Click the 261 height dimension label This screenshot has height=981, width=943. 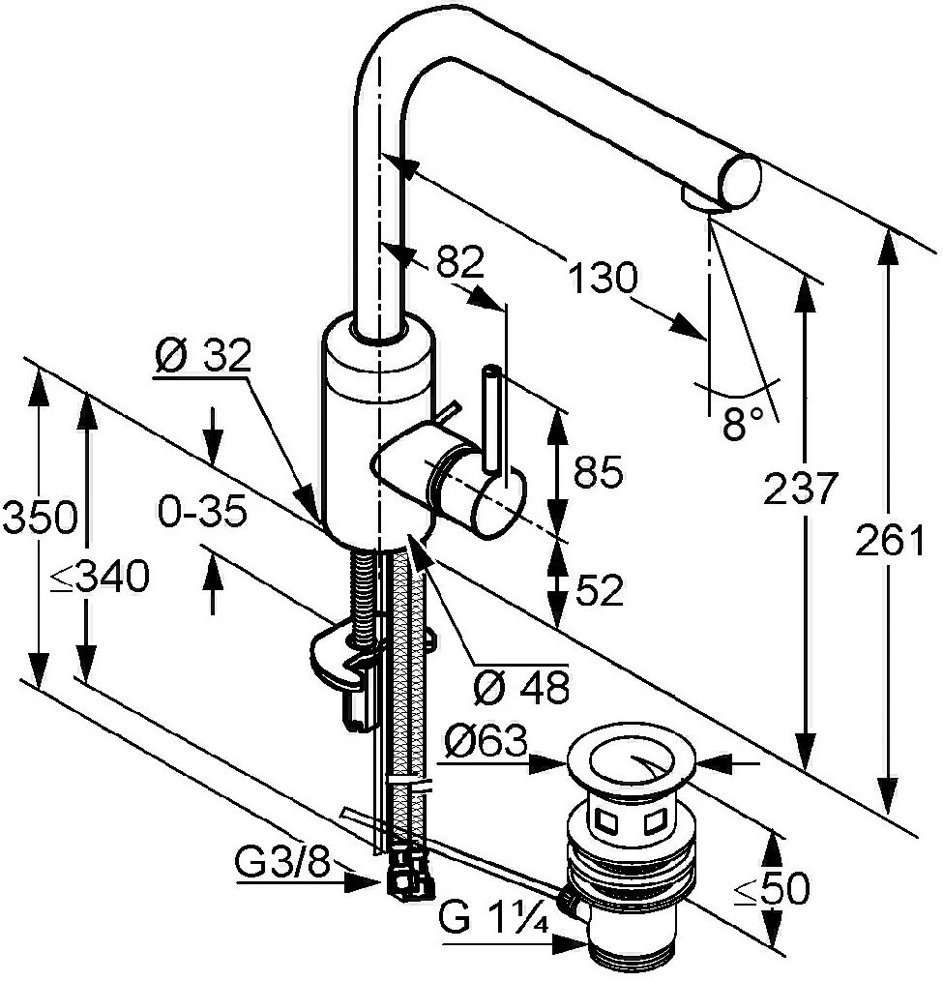click(890, 540)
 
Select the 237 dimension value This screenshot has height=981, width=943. click(800, 488)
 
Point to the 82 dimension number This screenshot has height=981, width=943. click(460, 262)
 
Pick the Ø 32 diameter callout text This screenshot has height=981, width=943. click(202, 357)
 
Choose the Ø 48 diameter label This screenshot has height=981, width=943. click(521, 688)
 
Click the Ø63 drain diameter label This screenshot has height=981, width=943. click(486, 743)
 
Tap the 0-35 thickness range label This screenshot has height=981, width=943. click(202, 513)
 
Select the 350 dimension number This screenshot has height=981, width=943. click(40, 518)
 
